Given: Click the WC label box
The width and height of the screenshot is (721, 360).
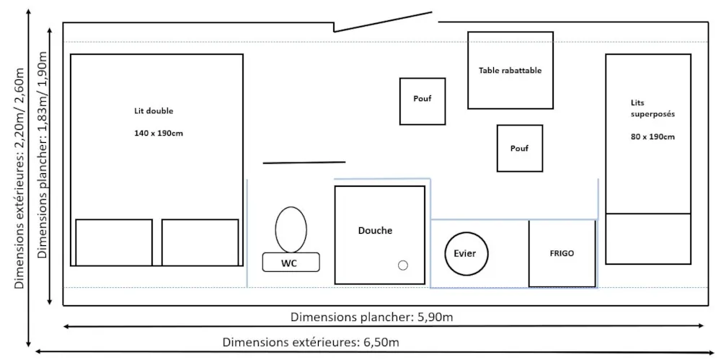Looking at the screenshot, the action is coord(291,262).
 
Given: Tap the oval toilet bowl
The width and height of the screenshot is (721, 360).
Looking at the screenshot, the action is coord(291,229).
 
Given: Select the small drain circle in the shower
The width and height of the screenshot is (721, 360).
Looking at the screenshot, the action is coord(403,265).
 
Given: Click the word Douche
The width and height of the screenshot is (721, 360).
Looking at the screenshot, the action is coord(375,231).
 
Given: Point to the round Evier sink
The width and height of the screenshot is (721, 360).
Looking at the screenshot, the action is coord(466,254).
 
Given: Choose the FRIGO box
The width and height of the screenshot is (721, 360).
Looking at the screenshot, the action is coord(562,254).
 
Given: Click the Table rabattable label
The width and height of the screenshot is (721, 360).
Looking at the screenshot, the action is coord(510,71).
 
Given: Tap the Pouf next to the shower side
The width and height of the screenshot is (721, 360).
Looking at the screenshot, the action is coord(422,101).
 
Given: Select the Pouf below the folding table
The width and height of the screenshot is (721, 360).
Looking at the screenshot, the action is coord(520,148).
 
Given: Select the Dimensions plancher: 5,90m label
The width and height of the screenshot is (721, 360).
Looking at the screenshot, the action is coord(373,317).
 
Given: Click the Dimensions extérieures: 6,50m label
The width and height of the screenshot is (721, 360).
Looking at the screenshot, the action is coord(311,343).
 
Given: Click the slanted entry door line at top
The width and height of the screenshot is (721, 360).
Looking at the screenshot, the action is coord(383,22).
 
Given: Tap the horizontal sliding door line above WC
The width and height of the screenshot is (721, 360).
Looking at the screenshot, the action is coord(304,162).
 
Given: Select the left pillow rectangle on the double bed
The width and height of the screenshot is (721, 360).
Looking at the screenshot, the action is coord(114,242).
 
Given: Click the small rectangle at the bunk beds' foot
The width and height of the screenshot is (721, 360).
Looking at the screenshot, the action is coord(648,239).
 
